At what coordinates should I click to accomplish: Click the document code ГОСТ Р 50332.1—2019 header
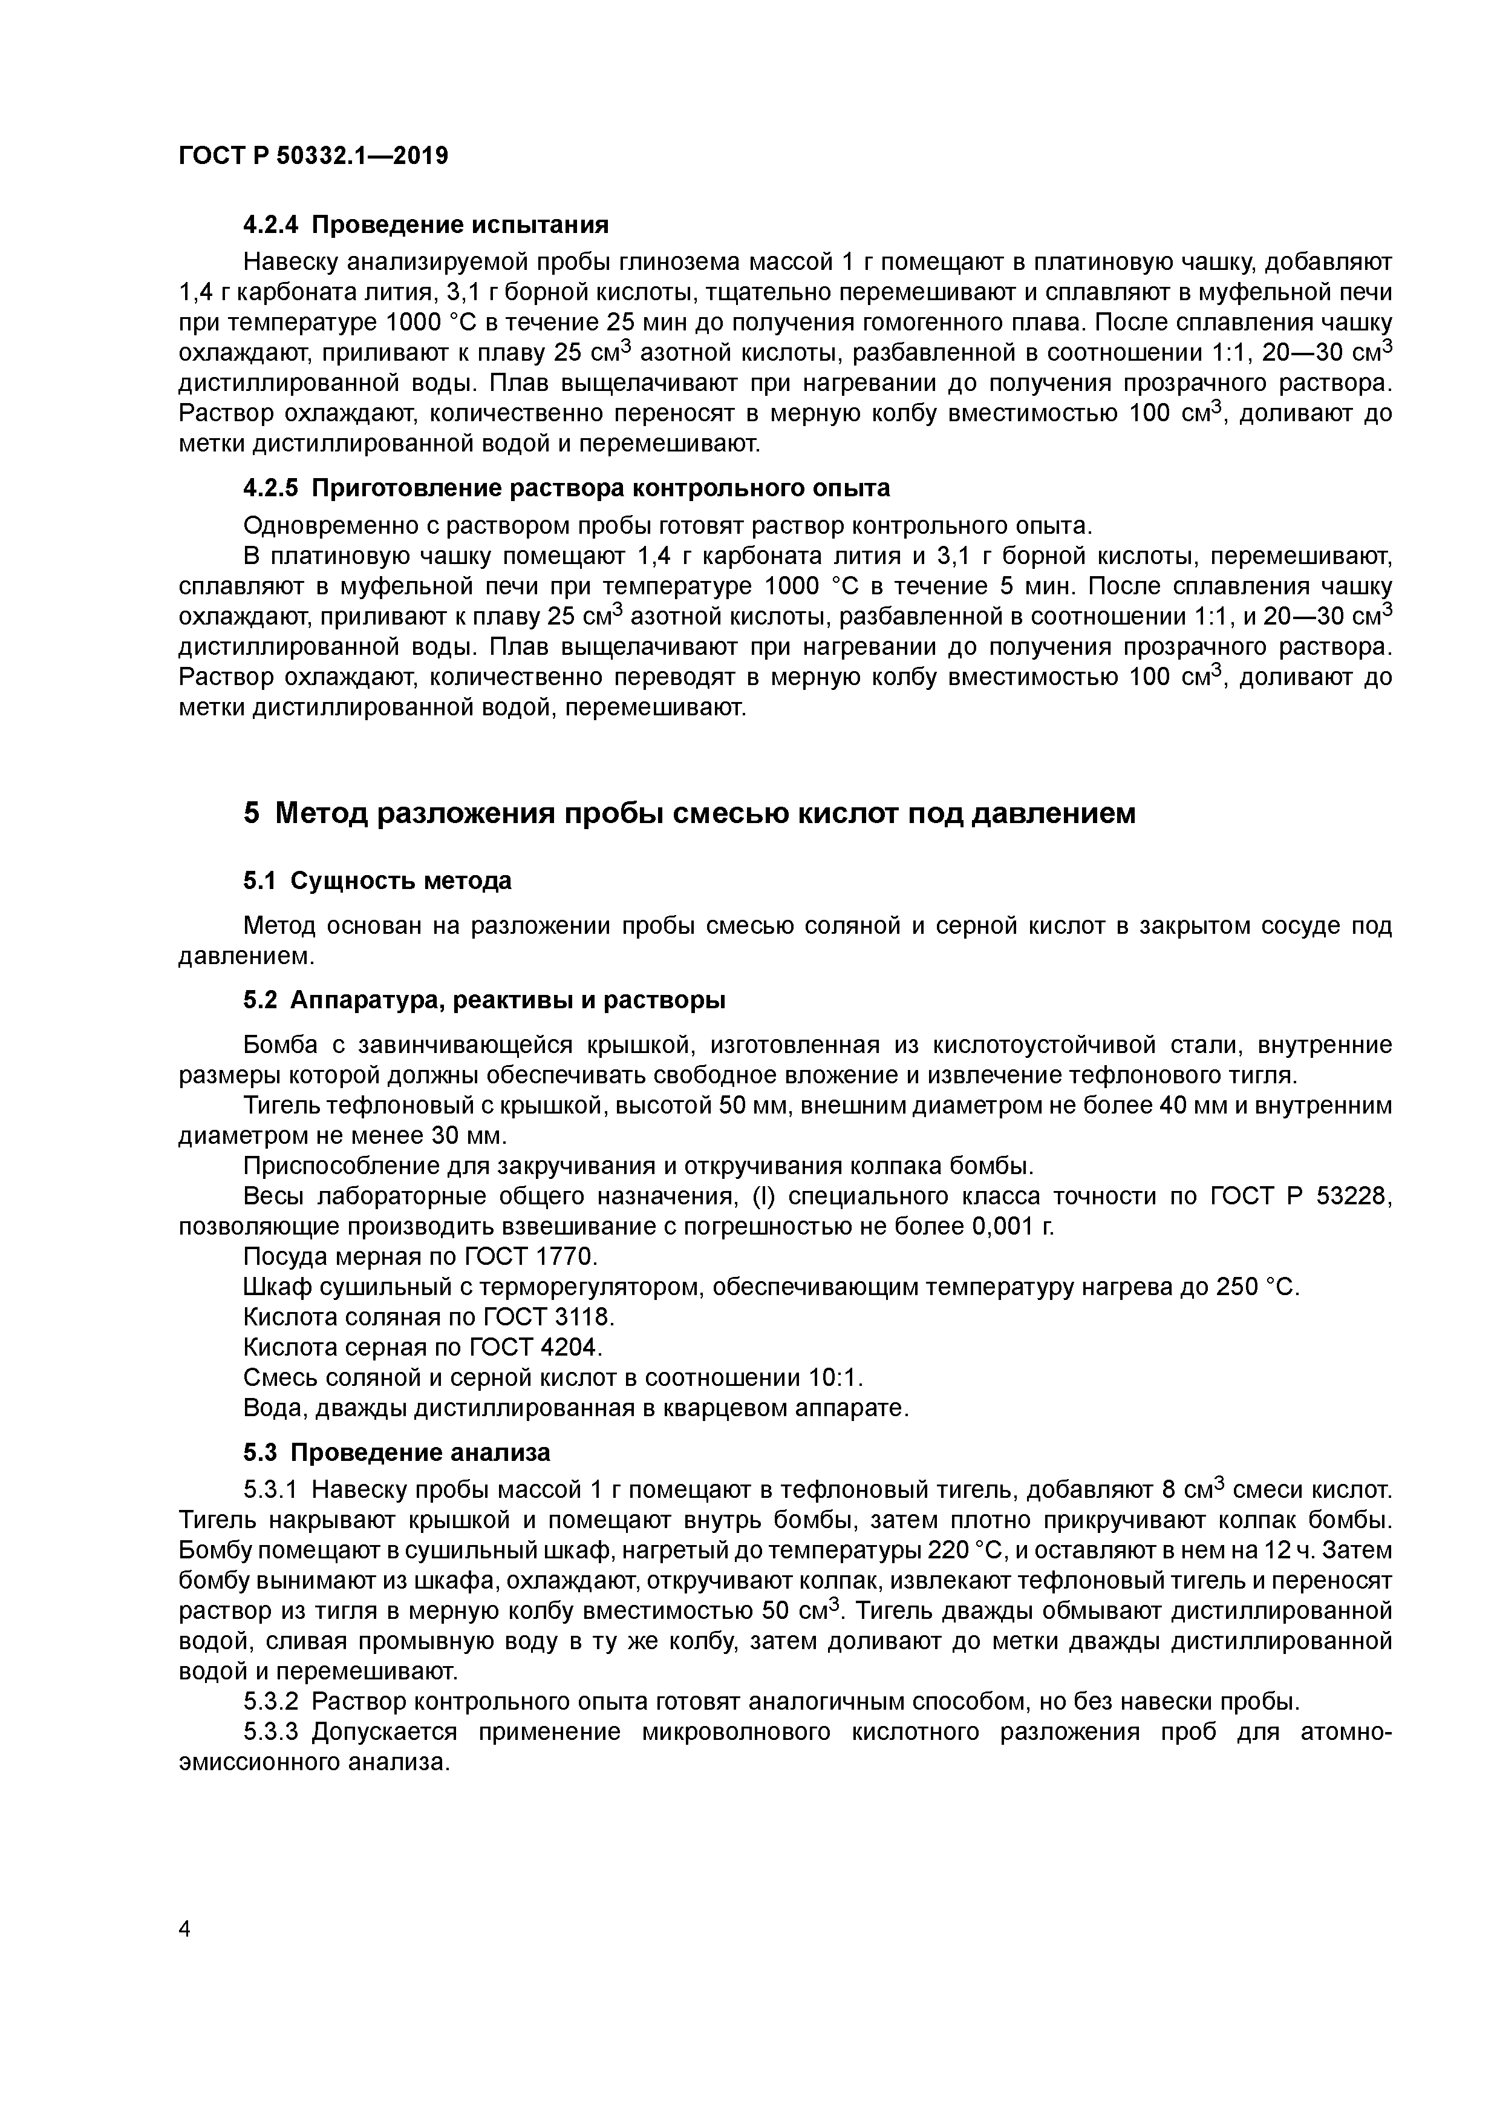tap(313, 156)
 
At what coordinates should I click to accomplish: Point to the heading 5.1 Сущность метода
tap(377, 881)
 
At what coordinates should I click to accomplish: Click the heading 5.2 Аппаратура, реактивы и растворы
tap(484, 1000)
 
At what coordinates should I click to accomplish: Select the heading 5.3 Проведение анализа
tap(397, 1452)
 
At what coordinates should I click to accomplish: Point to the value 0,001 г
tap(1012, 1227)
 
